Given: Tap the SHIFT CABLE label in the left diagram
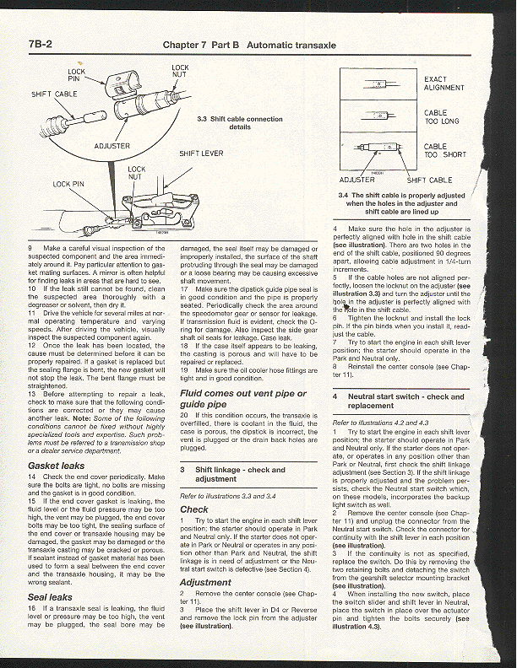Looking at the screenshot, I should tap(54, 94).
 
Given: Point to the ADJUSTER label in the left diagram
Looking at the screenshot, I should tap(112, 145).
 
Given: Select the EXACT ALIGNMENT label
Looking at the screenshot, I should tap(444, 83).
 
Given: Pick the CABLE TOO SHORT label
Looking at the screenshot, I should tap(444, 151).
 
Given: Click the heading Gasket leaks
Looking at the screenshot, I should tap(57, 465).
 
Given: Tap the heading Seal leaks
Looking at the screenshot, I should tap(50, 596).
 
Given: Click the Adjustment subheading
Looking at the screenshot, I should tap(205, 582).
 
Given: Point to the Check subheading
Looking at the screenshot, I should tap(194, 509).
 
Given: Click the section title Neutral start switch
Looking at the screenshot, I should tap(418, 401).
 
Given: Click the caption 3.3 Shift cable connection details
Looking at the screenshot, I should tap(240, 123).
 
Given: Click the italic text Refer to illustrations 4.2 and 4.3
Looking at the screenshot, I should tap(381, 422).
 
